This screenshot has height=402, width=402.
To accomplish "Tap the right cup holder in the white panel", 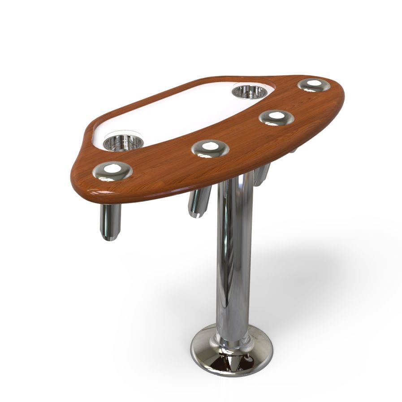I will click(250, 91).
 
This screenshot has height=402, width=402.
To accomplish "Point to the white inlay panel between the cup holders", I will click(184, 115).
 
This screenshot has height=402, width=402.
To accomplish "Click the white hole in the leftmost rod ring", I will click(112, 169).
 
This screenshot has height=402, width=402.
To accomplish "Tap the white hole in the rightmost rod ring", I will click(314, 83).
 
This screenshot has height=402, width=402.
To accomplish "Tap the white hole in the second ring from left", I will click(209, 146).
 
